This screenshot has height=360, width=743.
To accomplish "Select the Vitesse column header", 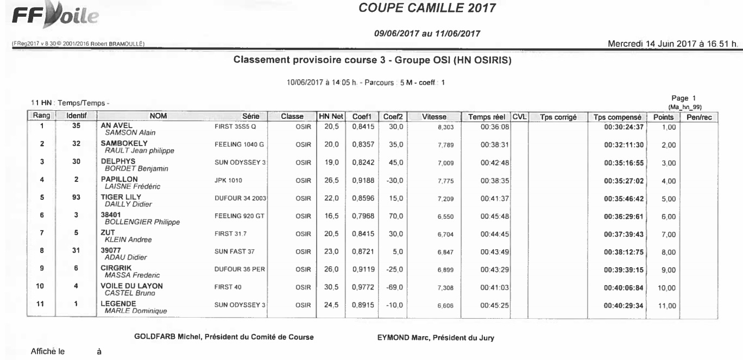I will click(x=434, y=116).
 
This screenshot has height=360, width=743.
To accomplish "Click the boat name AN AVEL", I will click(x=113, y=124).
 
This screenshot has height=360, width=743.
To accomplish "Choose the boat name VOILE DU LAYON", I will click(x=129, y=286).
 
